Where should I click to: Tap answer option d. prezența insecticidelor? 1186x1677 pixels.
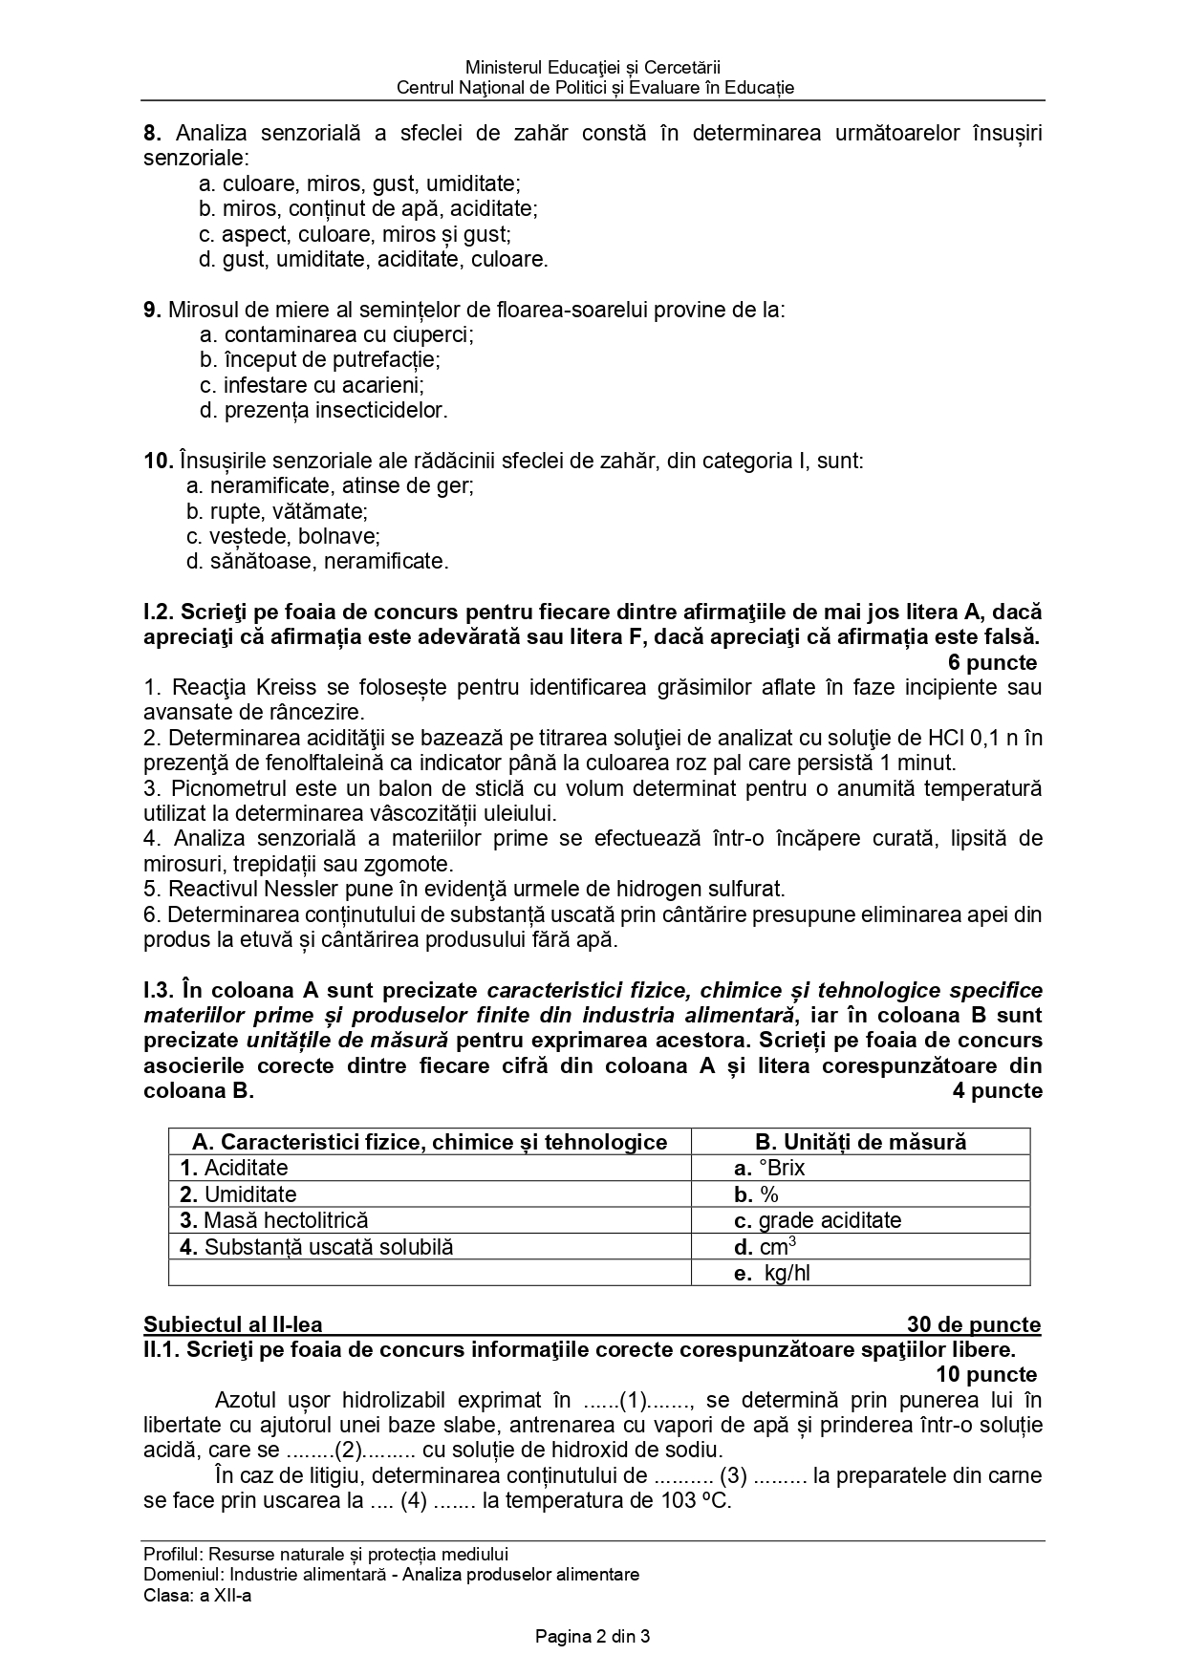[x=323, y=411]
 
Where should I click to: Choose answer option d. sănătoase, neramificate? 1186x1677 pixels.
[x=316, y=561]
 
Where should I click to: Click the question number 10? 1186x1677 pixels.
[x=158, y=462]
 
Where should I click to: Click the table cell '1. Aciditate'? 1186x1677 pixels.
[x=234, y=1168]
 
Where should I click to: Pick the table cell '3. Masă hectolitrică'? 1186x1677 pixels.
[x=274, y=1220]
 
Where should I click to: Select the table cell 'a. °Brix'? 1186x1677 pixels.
[x=769, y=1168]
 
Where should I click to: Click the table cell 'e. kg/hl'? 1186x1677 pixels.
[x=772, y=1273]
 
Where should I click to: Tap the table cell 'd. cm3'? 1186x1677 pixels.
[x=766, y=1247]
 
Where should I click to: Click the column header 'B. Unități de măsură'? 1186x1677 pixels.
[x=860, y=1142]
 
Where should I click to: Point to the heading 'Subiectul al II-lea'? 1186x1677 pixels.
[x=233, y=1324]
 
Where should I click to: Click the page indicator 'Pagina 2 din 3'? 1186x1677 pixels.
[x=593, y=1636]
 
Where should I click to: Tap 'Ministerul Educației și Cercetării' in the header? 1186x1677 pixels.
[x=593, y=67]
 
